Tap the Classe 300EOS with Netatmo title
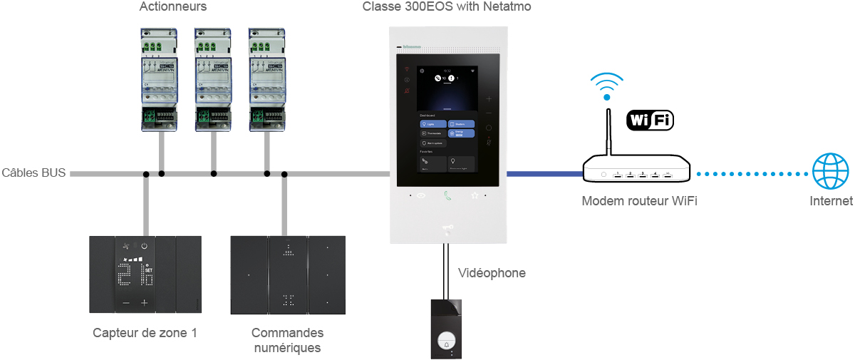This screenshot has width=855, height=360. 447,7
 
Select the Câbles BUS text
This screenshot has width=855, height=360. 33,173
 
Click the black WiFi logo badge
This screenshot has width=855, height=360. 649,120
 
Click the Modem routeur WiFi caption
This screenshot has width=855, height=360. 639,202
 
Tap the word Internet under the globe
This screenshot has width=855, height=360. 831,202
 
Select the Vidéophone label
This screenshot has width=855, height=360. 492,273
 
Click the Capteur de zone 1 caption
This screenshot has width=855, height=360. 145,333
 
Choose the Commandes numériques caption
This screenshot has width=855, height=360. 287,340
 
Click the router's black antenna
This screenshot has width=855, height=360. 608,132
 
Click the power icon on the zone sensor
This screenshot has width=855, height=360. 144,246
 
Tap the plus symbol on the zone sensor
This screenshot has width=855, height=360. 144,303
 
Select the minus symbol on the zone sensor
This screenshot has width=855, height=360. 126,303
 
